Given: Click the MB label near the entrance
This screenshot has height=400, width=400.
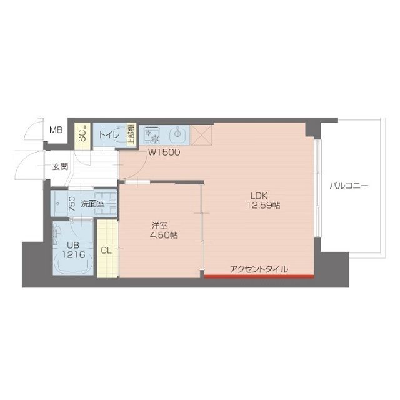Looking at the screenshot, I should pyautogui.click(x=56, y=130).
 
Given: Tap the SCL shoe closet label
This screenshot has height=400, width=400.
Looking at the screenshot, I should pyautogui.click(x=81, y=133).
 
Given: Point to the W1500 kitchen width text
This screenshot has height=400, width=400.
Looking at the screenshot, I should pyautogui.click(x=164, y=152).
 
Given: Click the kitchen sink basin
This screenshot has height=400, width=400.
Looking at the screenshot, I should pyautogui.click(x=179, y=134).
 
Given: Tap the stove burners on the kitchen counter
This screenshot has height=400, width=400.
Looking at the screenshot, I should pyautogui.click(x=152, y=134).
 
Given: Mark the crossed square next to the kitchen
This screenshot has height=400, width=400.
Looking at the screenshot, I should pyautogui.click(x=203, y=134).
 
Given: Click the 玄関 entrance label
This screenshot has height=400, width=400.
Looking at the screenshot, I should pyautogui.click(x=60, y=167).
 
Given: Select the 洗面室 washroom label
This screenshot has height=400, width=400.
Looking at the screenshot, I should pyautogui.click(x=92, y=204).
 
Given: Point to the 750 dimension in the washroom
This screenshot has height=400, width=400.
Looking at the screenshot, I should pyautogui.click(x=72, y=203).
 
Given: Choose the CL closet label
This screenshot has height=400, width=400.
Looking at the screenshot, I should pyautogui.click(x=106, y=251).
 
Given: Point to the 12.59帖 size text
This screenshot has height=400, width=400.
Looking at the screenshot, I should pyautogui.click(x=263, y=205).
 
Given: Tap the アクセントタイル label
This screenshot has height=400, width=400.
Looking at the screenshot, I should pyautogui.click(x=259, y=269).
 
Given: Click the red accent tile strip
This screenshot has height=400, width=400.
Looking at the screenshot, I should pyautogui.click(x=259, y=276).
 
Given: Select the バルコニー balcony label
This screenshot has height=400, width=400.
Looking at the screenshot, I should pyautogui.click(x=350, y=186).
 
